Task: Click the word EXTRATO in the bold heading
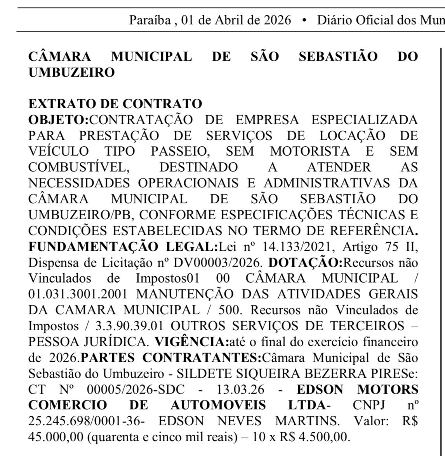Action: point(60,104)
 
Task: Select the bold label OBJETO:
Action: point(59,119)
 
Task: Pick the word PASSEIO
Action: point(188,151)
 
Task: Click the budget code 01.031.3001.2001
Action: point(78,294)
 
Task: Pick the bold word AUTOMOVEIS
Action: point(218,405)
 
